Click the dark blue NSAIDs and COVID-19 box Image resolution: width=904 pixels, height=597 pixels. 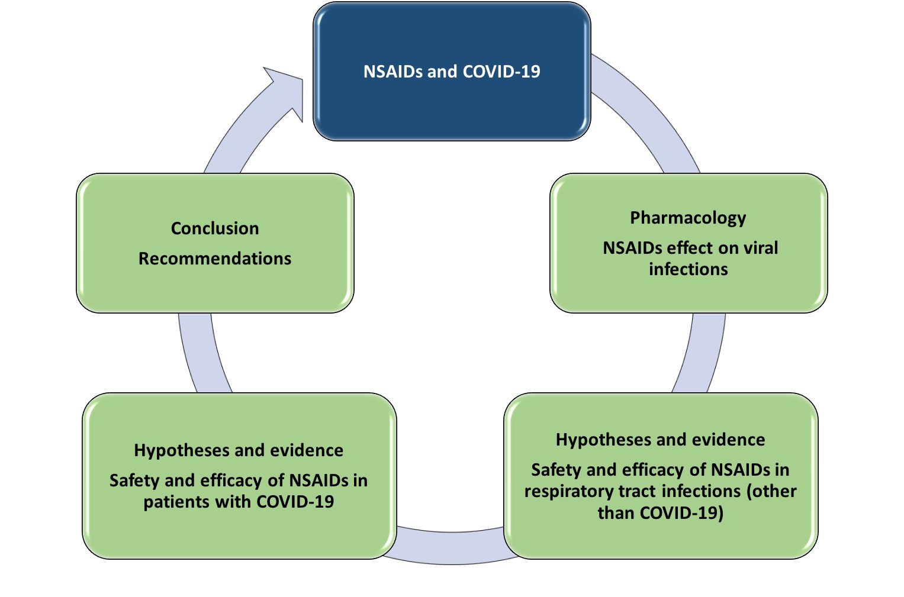tap(451, 107)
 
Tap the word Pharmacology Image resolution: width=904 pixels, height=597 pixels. tap(688, 218)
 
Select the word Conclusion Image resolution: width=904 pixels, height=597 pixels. tap(215, 228)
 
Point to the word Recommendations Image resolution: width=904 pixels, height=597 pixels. tap(215, 259)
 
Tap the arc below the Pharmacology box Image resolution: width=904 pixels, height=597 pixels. tap(702, 352)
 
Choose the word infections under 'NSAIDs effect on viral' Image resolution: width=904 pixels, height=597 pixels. tap(688, 270)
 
